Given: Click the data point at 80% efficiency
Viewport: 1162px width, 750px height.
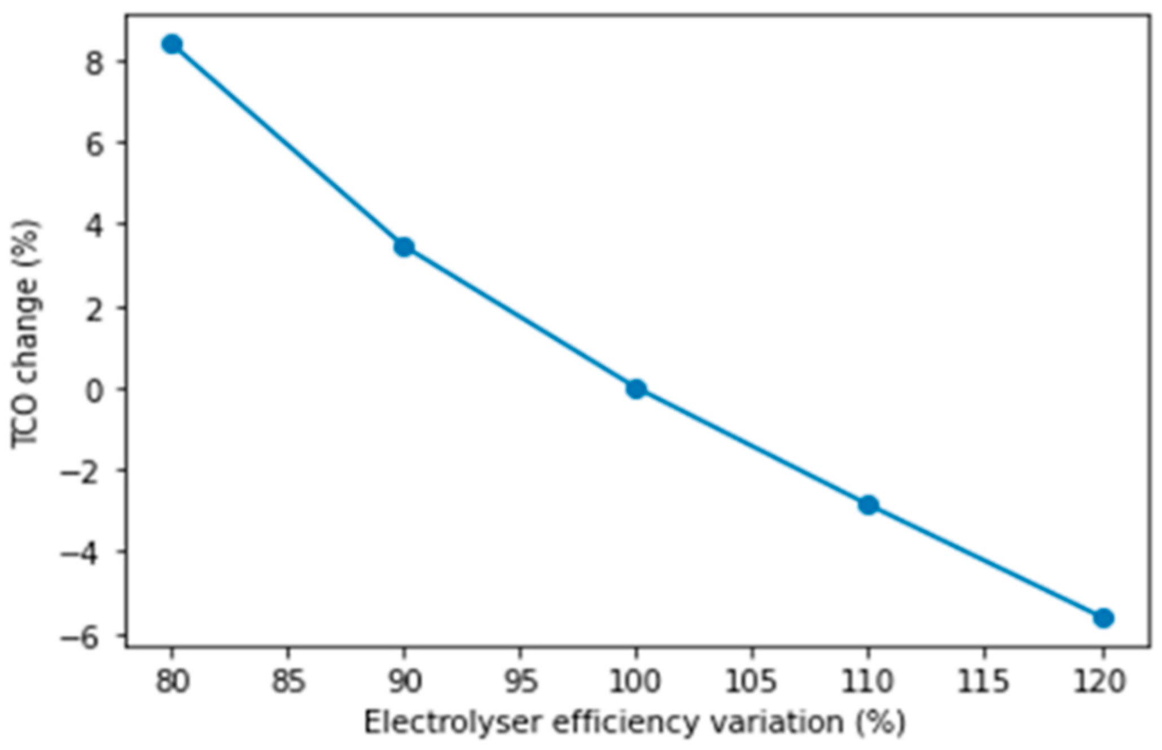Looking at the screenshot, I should click(172, 44).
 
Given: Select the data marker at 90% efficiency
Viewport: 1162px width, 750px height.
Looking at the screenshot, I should click(404, 247).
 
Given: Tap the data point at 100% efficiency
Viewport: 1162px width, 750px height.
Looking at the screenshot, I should click(636, 389).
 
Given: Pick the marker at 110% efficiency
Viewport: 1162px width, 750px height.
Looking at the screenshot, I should click(869, 505).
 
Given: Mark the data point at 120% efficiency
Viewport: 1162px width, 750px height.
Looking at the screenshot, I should click(1103, 618).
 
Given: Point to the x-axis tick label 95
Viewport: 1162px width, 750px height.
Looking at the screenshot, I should click(520, 682).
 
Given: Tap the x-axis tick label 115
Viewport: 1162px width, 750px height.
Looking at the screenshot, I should click(984, 682).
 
